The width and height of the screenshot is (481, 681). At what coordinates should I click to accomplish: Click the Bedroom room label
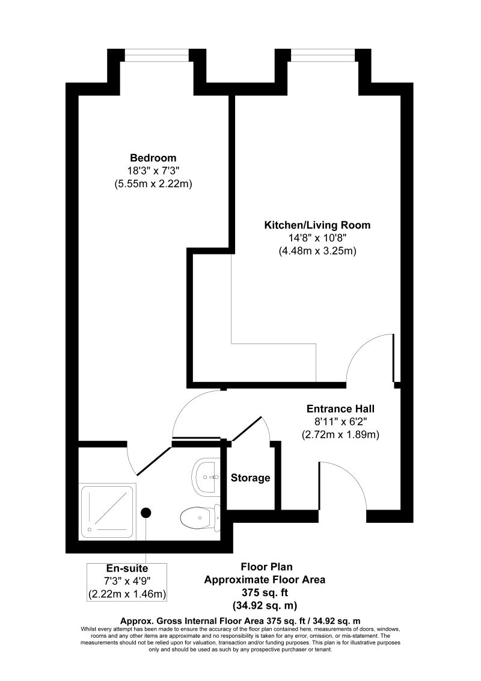[153, 158]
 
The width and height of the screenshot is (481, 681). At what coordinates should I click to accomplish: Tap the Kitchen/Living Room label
[317, 225]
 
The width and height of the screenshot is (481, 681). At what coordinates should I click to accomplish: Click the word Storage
[251, 478]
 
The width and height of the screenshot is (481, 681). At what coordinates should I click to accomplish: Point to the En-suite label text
[127, 568]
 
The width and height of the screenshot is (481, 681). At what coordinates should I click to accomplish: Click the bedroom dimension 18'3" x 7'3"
[153, 171]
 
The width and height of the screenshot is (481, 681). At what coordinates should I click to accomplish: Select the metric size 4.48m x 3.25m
[317, 251]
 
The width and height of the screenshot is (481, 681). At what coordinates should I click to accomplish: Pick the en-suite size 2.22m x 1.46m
[127, 594]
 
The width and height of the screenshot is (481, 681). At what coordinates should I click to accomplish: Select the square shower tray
[108, 510]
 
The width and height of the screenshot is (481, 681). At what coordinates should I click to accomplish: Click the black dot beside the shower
[146, 513]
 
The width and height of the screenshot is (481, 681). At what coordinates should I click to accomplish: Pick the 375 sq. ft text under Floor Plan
[265, 593]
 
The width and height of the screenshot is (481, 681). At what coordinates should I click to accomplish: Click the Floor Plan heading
[265, 567]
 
